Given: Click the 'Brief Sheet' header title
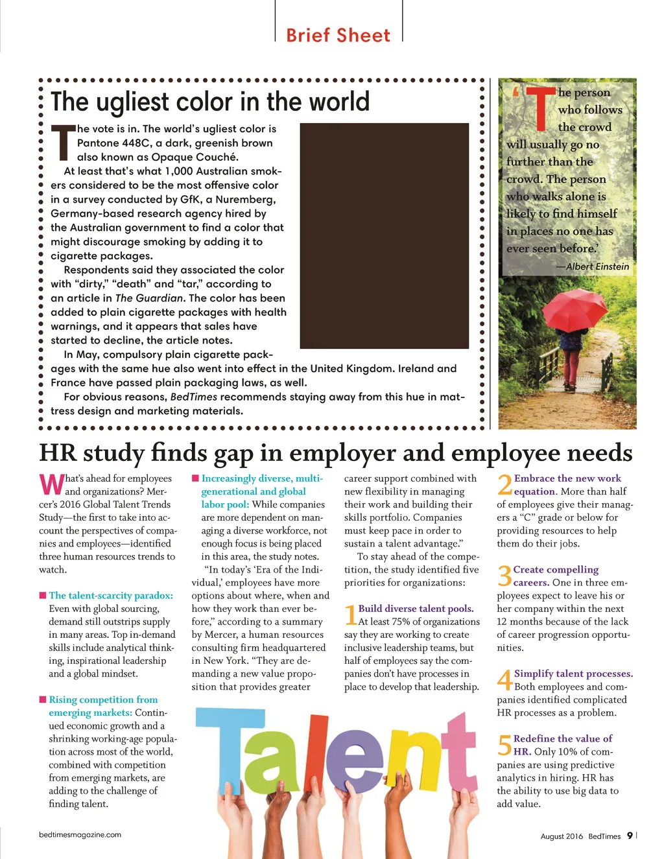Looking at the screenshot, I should click(338, 35).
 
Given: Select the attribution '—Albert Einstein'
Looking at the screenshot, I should click(593, 266).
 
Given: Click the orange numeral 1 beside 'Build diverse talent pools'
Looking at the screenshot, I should click(350, 615).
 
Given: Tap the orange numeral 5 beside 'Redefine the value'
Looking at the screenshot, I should click(504, 745).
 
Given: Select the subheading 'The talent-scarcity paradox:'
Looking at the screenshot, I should click(111, 595).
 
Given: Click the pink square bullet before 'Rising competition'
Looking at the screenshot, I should click(43, 700).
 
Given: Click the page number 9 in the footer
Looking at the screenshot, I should click(629, 836).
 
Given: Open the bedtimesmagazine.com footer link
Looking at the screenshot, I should click(80, 834).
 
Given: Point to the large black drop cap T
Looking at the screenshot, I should click(63, 142).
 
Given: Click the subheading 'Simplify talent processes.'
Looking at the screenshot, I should click(573, 674).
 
